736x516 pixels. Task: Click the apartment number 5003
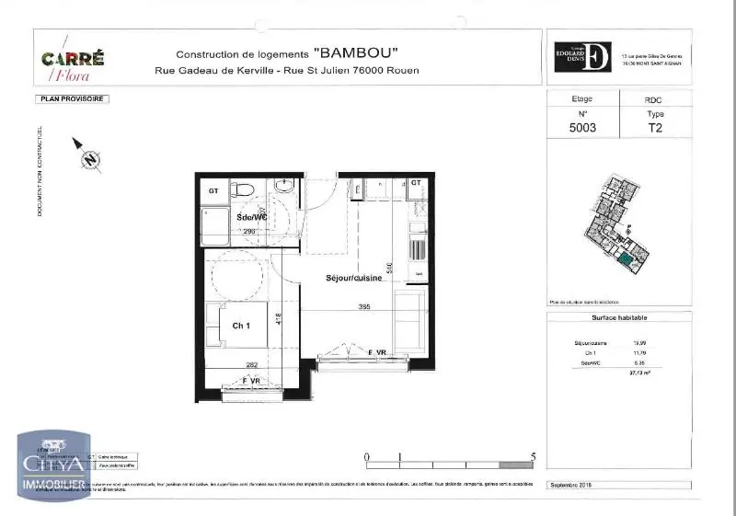coord(582,129)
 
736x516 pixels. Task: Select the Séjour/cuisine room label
coord(353,277)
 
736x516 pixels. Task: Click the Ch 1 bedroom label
coord(241,325)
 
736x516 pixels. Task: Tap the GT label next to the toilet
coord(213,190)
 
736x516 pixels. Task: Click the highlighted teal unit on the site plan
coord(627,261)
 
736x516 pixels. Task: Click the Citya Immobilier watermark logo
coord(53,464)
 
